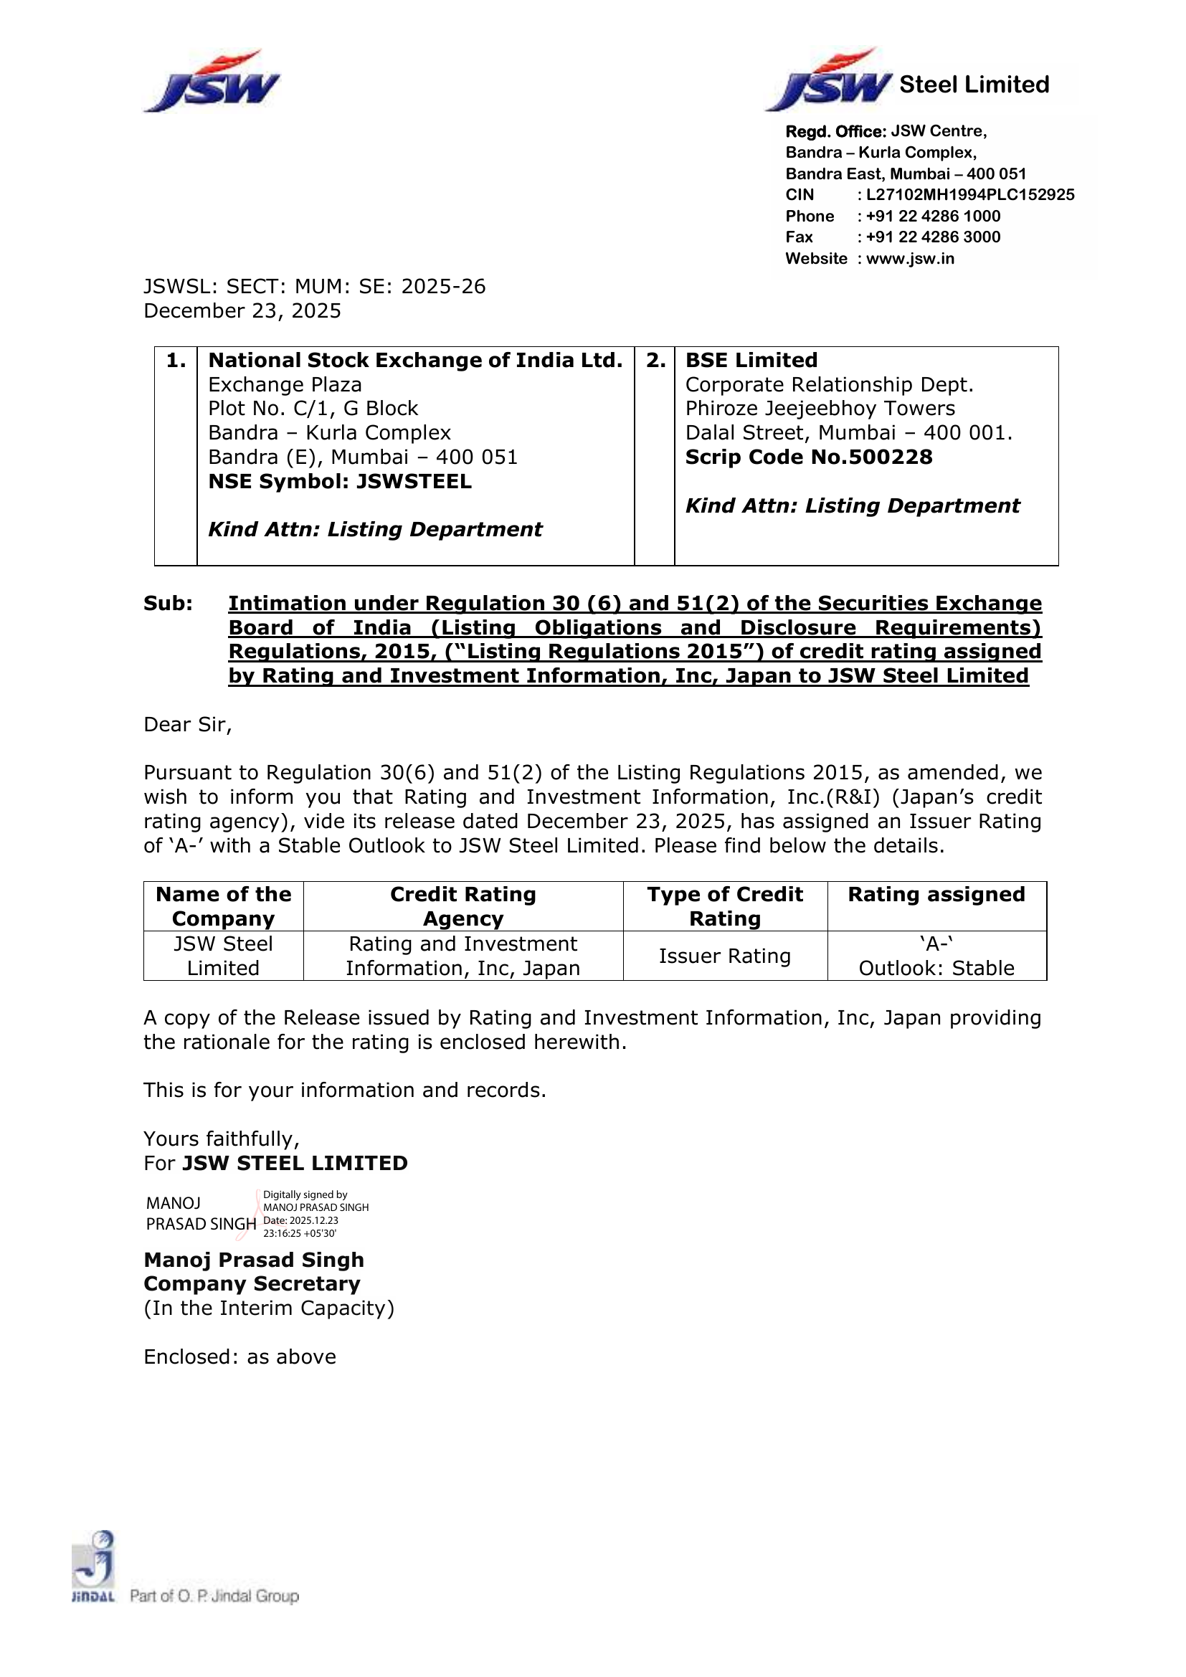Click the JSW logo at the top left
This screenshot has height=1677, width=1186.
pyautogui.click(x=212, y=82)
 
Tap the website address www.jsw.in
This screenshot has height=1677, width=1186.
pyautogui.click(x=910, y=259)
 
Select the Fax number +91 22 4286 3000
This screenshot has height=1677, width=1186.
pyautogui.click(x=933, y=237)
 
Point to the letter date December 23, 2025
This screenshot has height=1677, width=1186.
pyautogui.click(x=242, y=311)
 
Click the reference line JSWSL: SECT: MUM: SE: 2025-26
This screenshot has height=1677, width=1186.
pyautogui.click(x=315, y=286)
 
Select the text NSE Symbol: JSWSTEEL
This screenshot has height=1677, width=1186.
pyautogui.click(x=340, y=481)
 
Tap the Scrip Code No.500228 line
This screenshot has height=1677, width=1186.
pyautogui.click(x=808, y=457)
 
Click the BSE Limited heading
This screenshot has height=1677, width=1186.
pyautogui.click(x=751, y=361)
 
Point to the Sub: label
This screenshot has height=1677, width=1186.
pyautogui.click(x=168, y=603)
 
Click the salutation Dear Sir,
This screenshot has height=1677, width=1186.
pyautogui.click(x=188, y=725)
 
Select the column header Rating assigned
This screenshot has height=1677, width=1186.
pyautogui.click(x=936, y=895)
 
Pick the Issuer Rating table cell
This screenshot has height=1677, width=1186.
pyautogui.click(x=724, y=956)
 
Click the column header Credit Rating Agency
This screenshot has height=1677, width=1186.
pyautogui.click(x=463, y=906)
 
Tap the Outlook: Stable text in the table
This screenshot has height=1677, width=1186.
pyautogui.click(x=936, y=969)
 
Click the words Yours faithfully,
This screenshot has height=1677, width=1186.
pyautogui.click(x=222, y=1139)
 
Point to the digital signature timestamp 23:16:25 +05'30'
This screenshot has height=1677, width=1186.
pyautogui.click(x=300, y=1234)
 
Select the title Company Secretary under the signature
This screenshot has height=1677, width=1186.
pyautogui.click(x=252, y=1283)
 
